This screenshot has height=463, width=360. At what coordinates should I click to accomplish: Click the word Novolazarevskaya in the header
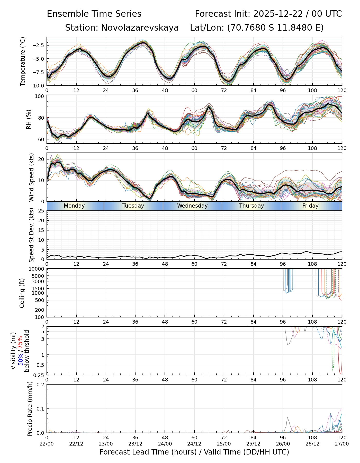[x=140, y=28]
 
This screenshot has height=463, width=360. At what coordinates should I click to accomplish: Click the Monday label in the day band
[x=74, y=206]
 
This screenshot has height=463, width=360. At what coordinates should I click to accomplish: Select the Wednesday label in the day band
[x=192, y=206]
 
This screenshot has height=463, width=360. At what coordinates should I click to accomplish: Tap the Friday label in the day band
[x=310, y=206]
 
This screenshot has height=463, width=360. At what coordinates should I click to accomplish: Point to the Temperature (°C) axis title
[x=23, y=61]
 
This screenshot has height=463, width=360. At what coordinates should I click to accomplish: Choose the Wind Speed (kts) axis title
[x=31, y=177]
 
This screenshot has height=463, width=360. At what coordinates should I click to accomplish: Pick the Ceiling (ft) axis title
[x=22, y=293]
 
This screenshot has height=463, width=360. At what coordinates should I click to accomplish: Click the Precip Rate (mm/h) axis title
[x=30, y=409]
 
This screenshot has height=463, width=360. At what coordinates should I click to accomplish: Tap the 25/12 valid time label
[x=253, y=444]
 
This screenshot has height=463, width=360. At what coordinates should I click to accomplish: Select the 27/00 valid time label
[x=342, y=444]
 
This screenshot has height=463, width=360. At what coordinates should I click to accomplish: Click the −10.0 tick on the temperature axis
[x=37, y=85]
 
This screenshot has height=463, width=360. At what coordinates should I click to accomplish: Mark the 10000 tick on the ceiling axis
[x=37, y=269]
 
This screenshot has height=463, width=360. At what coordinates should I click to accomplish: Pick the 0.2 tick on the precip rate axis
[x=41, y=385]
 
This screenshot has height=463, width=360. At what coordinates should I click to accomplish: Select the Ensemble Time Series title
[x=94, y=14]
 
